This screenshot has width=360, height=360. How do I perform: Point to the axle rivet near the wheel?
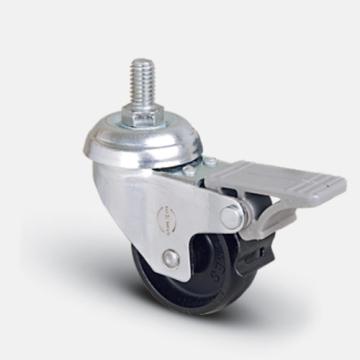click(171, 257)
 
